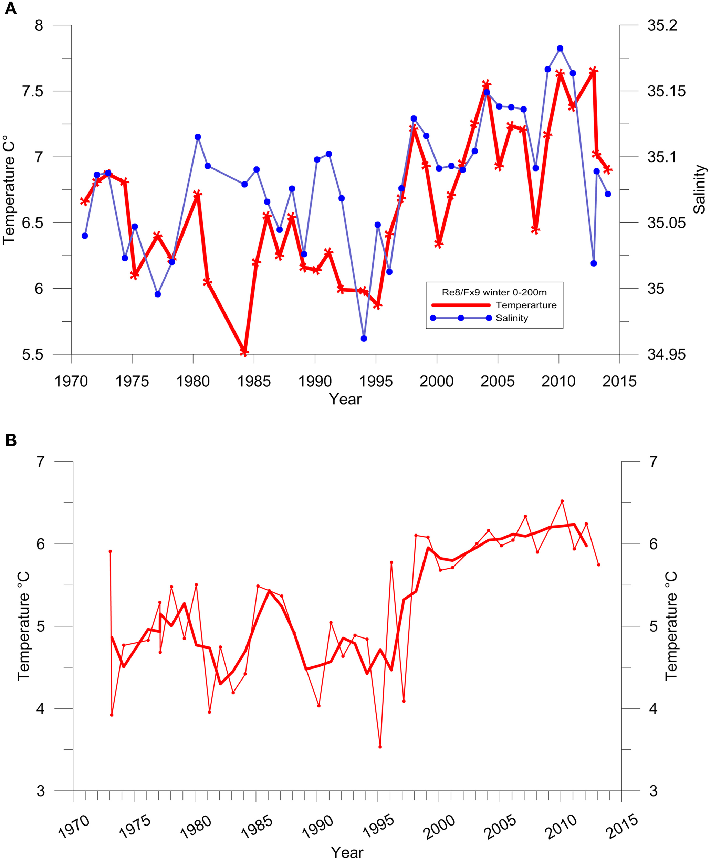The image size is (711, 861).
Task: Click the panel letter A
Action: [x=10, y=9]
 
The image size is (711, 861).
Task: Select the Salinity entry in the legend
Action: [x=512, y=318]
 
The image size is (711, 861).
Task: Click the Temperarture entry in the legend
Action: [x=526, y=305]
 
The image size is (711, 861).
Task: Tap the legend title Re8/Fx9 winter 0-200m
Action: [x=494, y=292]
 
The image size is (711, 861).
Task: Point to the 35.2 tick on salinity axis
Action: [x=662, y=25]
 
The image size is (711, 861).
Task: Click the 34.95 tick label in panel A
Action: [x=666, y=354]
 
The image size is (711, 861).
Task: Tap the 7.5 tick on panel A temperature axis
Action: [x=32, y=91]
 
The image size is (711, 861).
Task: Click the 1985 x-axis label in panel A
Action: [x=254, y=381]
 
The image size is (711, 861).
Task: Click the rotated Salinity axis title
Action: [x=700, y=189]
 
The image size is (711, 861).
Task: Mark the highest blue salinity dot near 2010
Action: [x=560, y=48]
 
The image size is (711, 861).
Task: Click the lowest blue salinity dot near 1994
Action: [x=364, y=338]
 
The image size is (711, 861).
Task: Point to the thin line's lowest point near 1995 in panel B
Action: [x=380, y=747]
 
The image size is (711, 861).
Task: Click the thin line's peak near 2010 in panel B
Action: [x=562, y=501]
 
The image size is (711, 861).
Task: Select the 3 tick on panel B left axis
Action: [x=40, y=791]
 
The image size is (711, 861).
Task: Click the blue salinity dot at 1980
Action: [x=198, y=137]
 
